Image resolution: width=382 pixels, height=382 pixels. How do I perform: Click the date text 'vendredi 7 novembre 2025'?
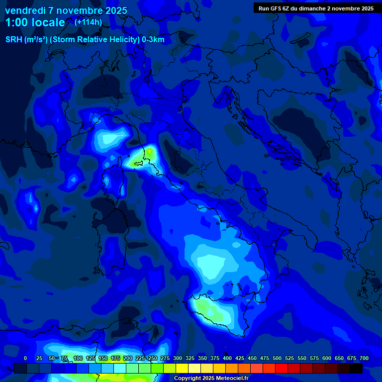click(x=66, y=10)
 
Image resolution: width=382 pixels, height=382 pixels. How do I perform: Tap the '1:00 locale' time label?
click(x=35, y=22)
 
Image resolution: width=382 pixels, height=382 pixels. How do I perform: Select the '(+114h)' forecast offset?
click(x=88, y=22)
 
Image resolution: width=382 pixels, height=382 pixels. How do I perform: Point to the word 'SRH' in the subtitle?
click(x=13, y=40)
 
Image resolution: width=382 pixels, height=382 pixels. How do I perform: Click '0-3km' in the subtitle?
click(x=153, y=40)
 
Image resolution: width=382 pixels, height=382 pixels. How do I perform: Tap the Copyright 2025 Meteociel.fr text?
click(x=211, y=378)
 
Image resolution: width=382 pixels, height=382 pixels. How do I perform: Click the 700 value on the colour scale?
click(x=364, y=358)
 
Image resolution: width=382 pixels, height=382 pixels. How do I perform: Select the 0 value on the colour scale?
click(x=25, y=358)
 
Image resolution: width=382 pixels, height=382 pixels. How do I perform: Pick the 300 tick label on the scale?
click(x=178, y=358)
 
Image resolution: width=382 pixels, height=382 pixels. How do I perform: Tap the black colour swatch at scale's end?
click(x=356, y=368)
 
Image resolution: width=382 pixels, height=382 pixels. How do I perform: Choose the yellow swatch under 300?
click(x=182, y=368)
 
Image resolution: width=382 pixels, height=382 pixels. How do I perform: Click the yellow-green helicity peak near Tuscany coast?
click(x=147, y=152)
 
